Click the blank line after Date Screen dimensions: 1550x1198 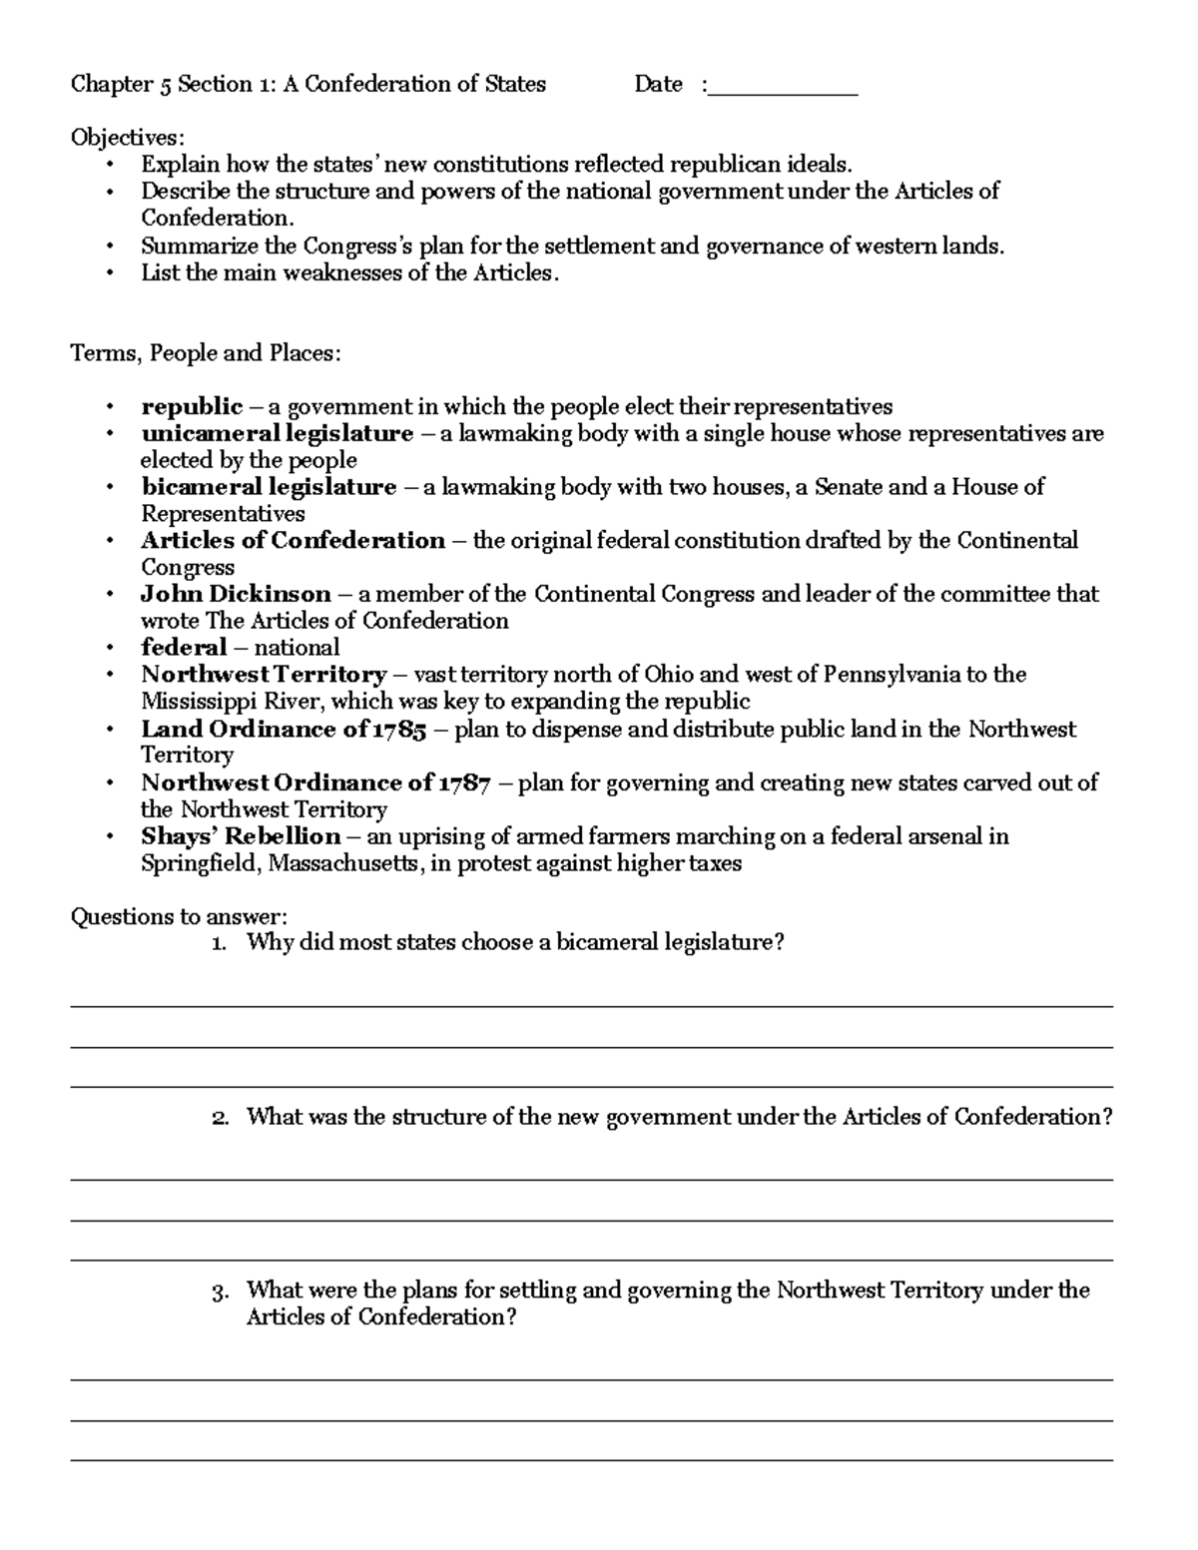(x=783, y=87)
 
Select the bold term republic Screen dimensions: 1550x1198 (x=192, y=407)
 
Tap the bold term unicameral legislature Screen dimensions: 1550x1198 (x=277, y=434)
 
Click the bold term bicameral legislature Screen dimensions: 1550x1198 (x=269, y=488)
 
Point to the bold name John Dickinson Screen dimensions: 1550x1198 (x=236, y=595)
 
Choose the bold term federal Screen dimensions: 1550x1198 (x=184, y=648)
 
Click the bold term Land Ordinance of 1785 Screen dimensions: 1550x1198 (x=284, y=730)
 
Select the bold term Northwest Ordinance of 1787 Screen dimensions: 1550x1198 (x=315, y=783)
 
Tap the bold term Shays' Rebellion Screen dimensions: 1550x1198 (x=241, y=836)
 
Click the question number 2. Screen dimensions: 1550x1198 (x=220, y=1118)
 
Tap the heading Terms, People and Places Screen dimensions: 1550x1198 (x=206, y=353)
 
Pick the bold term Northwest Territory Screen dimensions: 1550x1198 (x=264, y=676)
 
